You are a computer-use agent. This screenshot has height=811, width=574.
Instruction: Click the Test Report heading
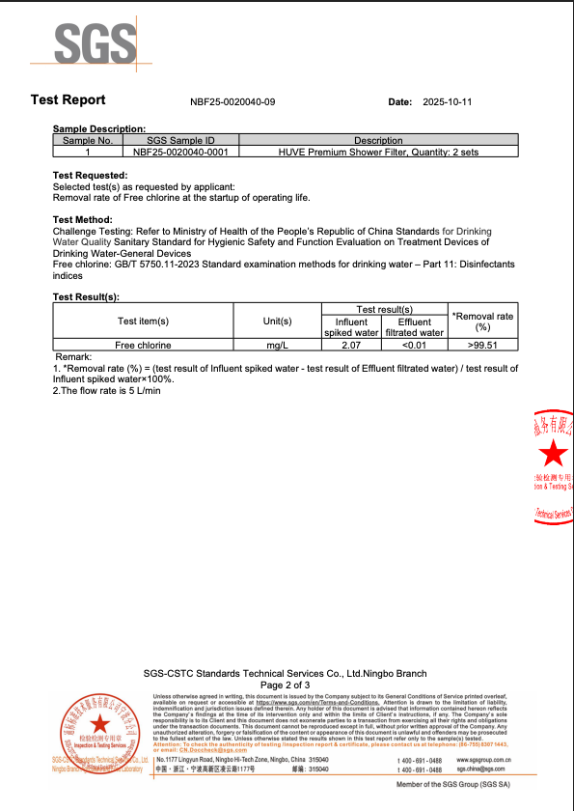click(x=68, y=100)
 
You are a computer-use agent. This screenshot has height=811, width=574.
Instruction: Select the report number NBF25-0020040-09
click(x=232, y=101)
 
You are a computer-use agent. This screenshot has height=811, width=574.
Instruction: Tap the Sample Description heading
click(x=98, y=128)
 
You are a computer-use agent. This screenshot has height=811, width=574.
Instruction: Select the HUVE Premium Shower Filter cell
click(x=378, y=152)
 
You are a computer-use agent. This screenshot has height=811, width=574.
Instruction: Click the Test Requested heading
click(x=89, y=176)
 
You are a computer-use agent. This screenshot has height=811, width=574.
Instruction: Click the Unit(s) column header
click(x=277, y=321)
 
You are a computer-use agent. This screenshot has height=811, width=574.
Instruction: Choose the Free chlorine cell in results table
click(x=143, y=345)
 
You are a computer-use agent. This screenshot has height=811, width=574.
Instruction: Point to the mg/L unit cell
click(x=277, y=345)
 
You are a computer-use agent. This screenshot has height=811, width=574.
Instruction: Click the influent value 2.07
click(x=351, y=345)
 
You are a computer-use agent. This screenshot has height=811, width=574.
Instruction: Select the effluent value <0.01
click(x=414, y=345)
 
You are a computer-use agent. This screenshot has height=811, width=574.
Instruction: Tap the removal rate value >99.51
click(x=483, y=345)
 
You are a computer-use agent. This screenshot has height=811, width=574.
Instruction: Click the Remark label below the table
click(x=74, y=357)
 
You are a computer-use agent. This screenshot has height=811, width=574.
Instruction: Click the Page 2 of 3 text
click(x=287, y=685)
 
